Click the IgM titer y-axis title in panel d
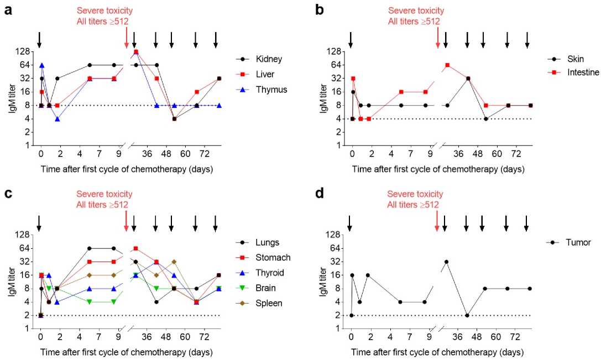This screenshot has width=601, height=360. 322,281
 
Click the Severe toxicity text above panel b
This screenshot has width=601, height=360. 415,11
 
